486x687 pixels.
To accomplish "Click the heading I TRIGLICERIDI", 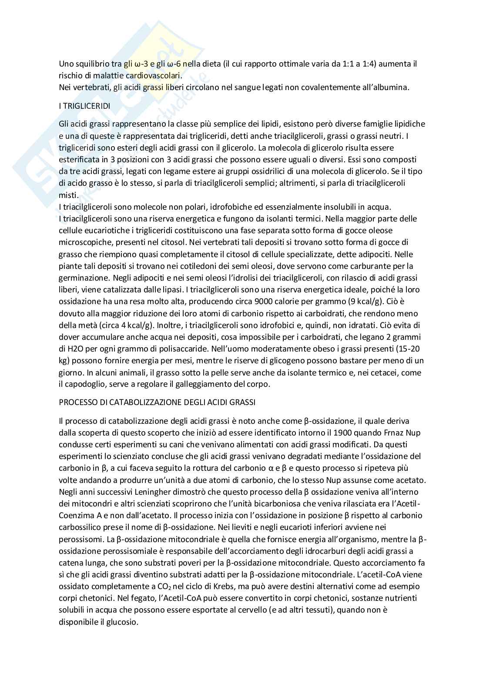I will tap(85, 106).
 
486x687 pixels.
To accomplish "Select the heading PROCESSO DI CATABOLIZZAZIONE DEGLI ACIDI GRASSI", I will tap(157, 402).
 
